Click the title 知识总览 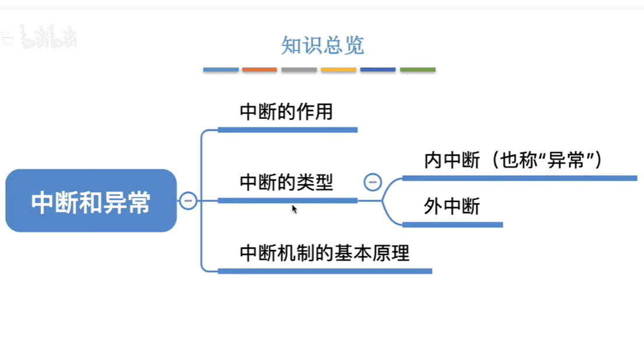[322, 45]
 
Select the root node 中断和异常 [91, 201]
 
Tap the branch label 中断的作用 [286, 111]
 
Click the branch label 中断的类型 [286, 182]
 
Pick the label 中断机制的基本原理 [325, 253]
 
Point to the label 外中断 [452, 206]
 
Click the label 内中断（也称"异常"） [513, 160]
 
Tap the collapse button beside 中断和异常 [188, 200]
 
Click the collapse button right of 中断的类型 [372, 182]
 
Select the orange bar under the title [259, 70]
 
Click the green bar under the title [417, 70]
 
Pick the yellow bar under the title [338, 70]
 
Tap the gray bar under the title [299, 70]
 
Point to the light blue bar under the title [221, 70]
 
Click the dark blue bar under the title [378, 70]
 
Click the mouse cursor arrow [294, 209]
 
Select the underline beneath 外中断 [452, 225]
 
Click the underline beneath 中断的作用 [287, 130]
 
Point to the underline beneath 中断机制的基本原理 [325, 271]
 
